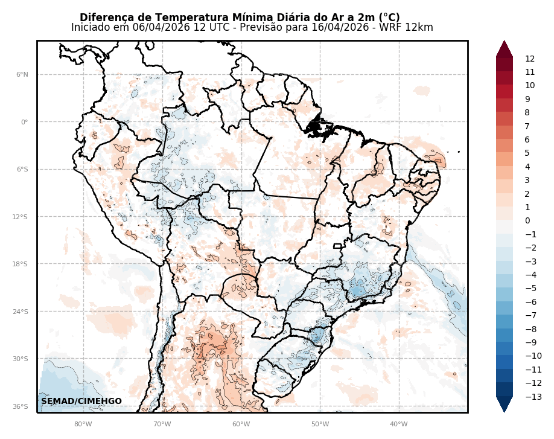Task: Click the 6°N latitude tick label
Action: (x=22, y=75)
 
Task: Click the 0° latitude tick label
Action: (x=24, y=122)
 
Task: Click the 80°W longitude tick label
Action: (x=83, y=424)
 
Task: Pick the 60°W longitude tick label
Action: (x=241, y=424)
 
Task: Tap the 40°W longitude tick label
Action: (x=399, y=424)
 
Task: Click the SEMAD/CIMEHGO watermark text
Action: (x=81, y=402)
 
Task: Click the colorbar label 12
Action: (x=530, y=59)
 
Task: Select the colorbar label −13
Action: (x=533, y=397)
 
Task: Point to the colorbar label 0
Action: (x=527, y=221)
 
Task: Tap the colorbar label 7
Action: (x=527, y=126)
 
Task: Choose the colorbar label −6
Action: (x=531, y=302)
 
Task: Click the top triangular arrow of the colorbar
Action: (x=505, y=49)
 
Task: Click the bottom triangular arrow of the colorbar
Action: (x=505, y=404)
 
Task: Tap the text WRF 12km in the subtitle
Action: (x=413, y=28)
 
